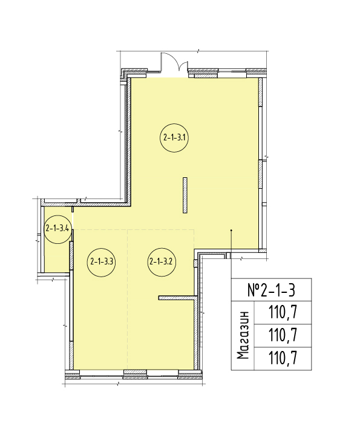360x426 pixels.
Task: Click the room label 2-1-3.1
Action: [174, 138]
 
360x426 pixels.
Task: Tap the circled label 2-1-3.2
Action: [162, 262]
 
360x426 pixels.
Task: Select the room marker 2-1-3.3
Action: [101, 263]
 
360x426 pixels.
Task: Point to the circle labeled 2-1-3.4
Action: [57, 229]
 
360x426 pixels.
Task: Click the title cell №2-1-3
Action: [271, 290]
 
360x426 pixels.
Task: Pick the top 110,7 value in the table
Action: [283, 312]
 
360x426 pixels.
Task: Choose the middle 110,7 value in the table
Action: [283, 335]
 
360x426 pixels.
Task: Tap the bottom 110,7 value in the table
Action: [283, 358]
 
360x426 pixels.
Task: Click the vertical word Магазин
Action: [243, 335]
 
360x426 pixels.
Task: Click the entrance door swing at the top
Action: [174, 62]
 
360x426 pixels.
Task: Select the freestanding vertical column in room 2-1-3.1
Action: [185, 195]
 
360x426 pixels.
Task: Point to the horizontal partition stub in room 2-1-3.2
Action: [178, 298]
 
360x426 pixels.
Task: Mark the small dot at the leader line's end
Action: [231, 231]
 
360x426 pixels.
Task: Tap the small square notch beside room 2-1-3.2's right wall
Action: [195, 264]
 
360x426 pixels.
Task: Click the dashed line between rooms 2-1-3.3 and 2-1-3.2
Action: [128, 300]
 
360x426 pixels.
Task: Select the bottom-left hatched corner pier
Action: [72, 374]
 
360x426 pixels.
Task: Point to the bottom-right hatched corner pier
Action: [190, 374]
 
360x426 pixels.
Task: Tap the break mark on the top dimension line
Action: [198, 51]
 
